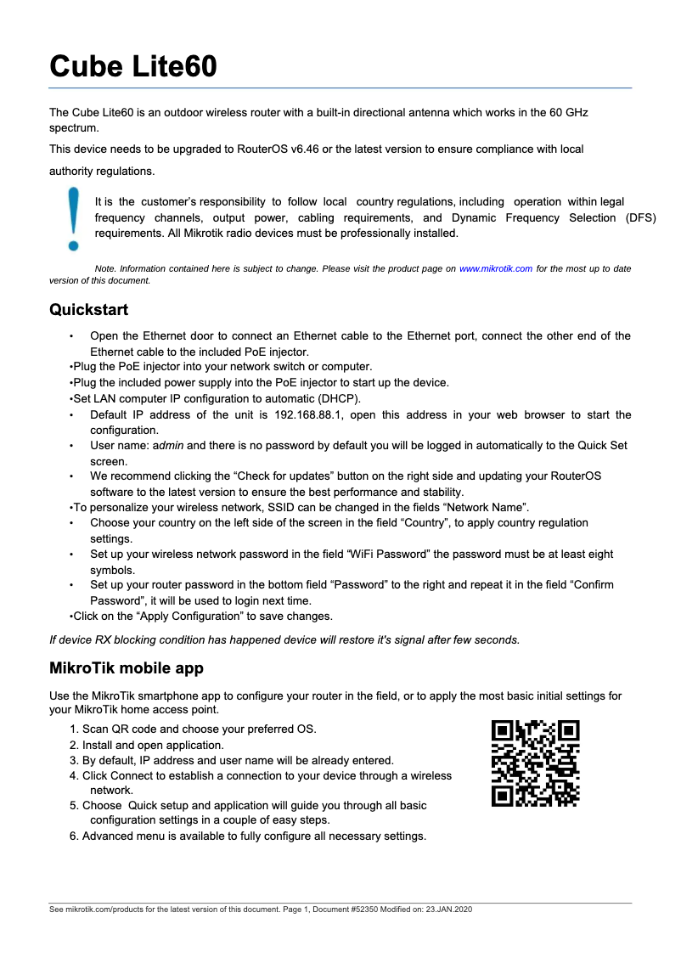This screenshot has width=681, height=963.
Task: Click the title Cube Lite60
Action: pyautogui.click(x=132, y=66)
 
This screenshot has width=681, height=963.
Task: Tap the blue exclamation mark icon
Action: pyautogui.click(x=74, y=218)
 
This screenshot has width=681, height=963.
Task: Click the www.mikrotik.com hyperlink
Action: pyautogui.click(x=496, y=268)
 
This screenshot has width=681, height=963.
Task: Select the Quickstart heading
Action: pyautogui.click(x=89, y=309)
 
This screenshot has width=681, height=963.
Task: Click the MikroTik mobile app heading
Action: pyautogui.click(x=127, y=668)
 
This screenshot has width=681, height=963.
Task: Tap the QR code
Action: pyautogui.click(x=536, y=763)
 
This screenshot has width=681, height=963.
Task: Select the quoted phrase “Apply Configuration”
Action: pyautogui.click(x=187, y=617)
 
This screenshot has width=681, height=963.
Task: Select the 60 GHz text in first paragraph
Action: pyautogui.click(x=566, y=112)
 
